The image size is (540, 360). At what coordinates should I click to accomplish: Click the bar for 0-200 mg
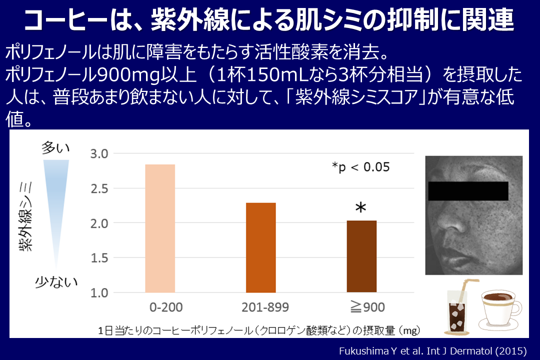point(160,228)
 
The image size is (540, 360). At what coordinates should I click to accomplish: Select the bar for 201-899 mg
point(261,247)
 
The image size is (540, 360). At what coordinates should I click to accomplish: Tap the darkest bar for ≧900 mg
point(361,256)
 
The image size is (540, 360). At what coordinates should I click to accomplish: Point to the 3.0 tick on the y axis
point(99,154)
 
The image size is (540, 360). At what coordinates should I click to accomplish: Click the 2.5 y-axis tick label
point(99,188)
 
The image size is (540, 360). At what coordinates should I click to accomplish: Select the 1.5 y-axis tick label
point(99,258)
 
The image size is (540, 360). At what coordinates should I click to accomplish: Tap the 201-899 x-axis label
point(261,306)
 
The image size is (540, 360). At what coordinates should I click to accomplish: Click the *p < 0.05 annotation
point(360,167)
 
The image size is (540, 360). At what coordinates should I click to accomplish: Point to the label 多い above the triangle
point(55,147)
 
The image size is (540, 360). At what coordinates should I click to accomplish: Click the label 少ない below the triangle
point(55,282)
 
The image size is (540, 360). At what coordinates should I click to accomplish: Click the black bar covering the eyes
point(468,190)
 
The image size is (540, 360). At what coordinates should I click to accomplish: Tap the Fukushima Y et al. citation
point(432,351)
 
